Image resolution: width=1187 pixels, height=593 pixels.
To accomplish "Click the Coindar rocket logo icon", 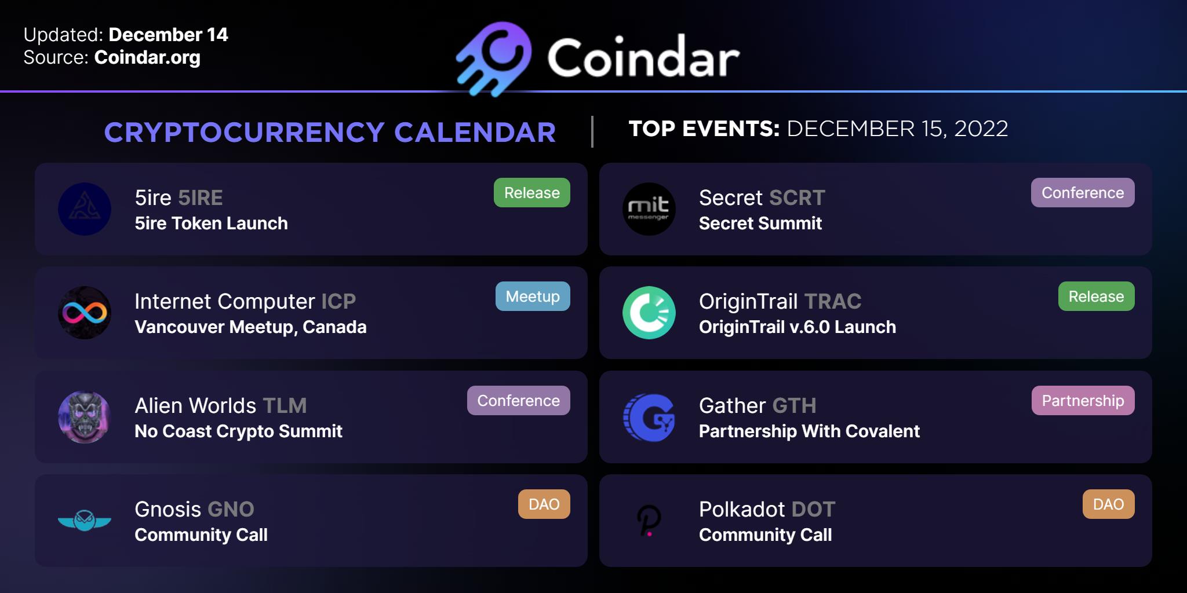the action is coord(493,58).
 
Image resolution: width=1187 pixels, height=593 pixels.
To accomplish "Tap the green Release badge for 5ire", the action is coord(532,193).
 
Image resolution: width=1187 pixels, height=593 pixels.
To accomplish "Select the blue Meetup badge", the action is coord(533,296).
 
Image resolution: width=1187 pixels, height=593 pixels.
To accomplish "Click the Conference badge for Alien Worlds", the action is coord(519,401).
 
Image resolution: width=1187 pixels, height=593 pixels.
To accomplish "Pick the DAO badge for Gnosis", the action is coord(544,504).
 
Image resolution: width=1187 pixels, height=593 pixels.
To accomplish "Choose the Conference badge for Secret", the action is coord(1083,193).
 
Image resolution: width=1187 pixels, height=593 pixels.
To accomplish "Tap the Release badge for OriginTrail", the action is coord(1097,296).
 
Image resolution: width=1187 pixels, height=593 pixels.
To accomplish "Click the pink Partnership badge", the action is coord(1083,401).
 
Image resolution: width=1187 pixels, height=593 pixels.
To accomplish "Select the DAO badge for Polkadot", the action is coord(1109,504).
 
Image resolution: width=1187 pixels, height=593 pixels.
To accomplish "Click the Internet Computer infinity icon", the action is coord(85,313).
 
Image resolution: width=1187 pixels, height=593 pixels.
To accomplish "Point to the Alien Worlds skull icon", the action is coord(85,417).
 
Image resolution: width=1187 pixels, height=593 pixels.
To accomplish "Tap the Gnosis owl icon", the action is coord(85,521).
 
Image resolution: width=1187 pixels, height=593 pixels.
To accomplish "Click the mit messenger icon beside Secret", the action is coord(649,209).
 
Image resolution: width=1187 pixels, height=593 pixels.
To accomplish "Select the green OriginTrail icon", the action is coord(649,313).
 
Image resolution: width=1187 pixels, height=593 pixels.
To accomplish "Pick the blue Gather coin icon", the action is coord(649,417).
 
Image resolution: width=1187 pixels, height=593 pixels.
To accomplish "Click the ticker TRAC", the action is coord(833,302).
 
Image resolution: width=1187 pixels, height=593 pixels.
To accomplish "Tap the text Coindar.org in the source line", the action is coord(147,57).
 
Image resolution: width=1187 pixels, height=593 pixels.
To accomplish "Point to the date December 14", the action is coord(169,35).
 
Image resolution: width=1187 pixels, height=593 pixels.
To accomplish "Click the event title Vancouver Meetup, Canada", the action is coord(250,327).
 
